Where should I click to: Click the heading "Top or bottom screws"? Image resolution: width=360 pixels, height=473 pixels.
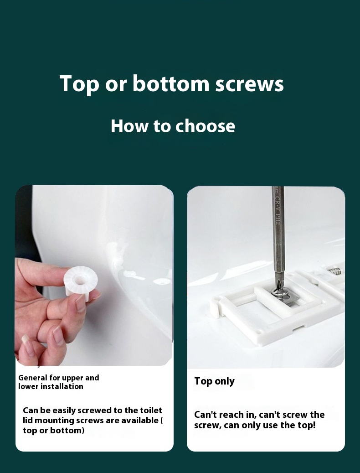pos(171,83)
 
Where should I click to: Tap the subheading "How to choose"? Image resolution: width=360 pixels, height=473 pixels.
pos(173,126)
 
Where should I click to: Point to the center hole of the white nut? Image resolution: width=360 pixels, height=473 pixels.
pos(80,280)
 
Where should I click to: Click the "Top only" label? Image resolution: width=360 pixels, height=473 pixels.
pos(215,381)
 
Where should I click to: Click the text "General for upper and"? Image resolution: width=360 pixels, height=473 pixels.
pos(59,378)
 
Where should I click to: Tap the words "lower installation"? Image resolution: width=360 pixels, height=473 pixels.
pos(51,386)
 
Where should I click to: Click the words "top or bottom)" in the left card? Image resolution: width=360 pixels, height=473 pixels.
pos(54,431)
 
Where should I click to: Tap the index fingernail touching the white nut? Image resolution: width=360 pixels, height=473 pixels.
pos(81,303)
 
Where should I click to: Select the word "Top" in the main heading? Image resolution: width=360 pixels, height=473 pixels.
pos(79,84)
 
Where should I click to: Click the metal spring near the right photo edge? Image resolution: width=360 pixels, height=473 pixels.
pos(334,271)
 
